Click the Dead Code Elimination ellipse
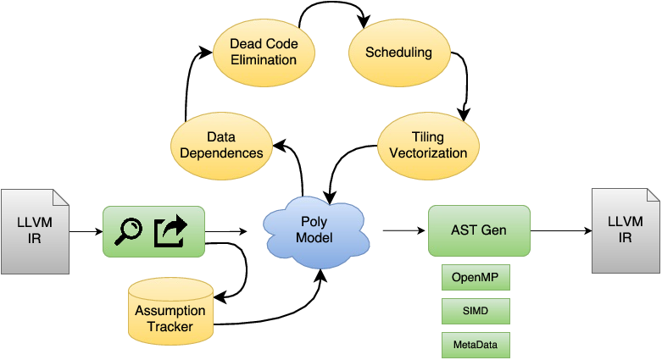pos(264,51)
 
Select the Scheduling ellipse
pos(398,53)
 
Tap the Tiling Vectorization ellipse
pos(427,145)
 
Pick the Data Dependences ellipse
pos(221,145)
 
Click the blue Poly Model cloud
pos(315,229)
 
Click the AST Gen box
pos(479,230)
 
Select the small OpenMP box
pos(476,279)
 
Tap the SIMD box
pos(476,312)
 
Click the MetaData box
pos(476,345)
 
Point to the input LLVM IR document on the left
pos(35,230)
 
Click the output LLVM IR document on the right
pos(625,230)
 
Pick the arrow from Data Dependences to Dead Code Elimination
pos(187,85)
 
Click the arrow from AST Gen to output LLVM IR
pos(559,230)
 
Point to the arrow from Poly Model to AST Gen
pos(403,230)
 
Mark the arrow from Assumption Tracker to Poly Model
pos(280,318)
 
